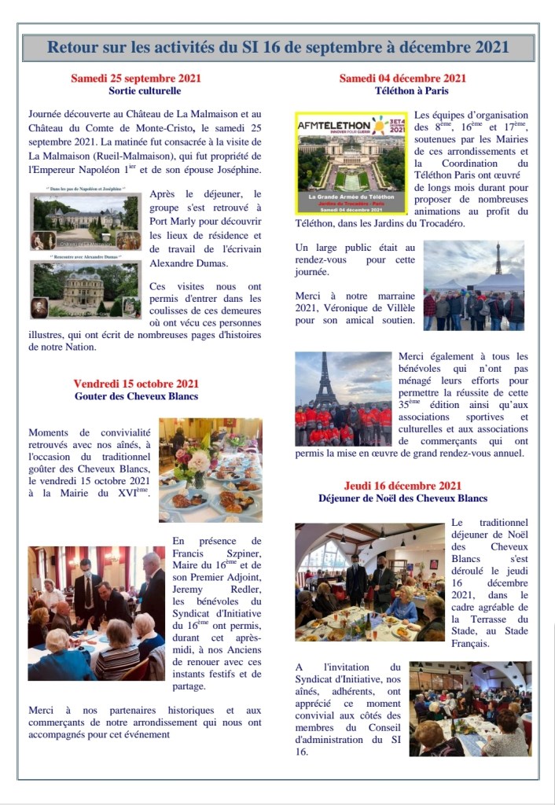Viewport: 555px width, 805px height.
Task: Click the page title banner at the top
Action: point(277,47)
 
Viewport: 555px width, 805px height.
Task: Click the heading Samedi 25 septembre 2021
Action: point(136,79)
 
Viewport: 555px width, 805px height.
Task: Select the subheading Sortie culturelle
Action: point(136,91)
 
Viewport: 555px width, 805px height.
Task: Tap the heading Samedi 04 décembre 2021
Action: point(402,79)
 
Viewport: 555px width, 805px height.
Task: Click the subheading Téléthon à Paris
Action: point(402,91)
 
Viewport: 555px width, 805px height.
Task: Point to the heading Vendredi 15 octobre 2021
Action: point(136,383)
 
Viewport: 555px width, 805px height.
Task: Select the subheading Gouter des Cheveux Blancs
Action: point(136,396)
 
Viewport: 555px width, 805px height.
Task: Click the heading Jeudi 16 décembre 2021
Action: point(402,485)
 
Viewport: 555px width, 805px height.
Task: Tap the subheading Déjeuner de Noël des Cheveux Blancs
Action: point(402,498)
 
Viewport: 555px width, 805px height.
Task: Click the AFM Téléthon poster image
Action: point(351,162)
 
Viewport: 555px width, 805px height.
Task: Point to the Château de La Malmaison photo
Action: point(86,222)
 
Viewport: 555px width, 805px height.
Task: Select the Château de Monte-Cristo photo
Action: point(86,289)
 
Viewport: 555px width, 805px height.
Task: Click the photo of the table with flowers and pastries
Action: point(210,469)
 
